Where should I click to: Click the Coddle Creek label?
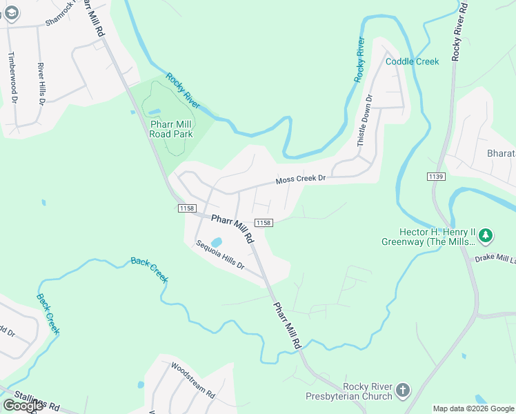click(412, 61)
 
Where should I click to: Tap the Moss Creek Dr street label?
click(300, 179)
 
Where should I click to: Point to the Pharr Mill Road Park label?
click(171, 129)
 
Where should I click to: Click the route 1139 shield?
click(435, 177)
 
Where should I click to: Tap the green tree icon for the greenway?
click(486, 236)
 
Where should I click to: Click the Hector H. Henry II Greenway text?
click(428, 237)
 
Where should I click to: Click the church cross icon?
click(403, 391)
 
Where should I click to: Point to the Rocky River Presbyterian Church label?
click(349, 391)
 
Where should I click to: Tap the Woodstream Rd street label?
click(192, 379)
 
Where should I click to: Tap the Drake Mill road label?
click(495, 258)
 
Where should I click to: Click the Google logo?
click(23, 406)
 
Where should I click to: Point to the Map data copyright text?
click(473, 408)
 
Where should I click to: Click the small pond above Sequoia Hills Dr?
click(216, 242)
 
